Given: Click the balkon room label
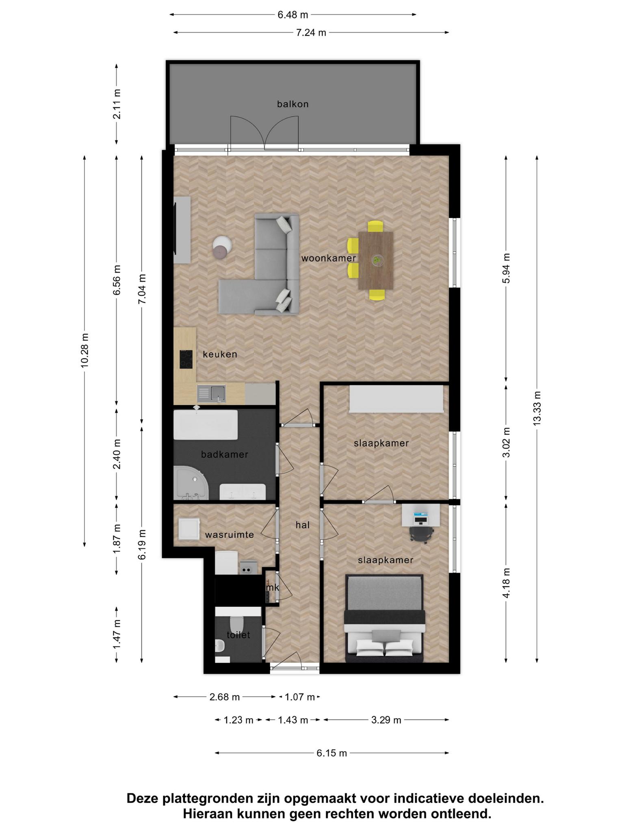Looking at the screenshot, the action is tap(292, 104).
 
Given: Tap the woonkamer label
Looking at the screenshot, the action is tap(328, 258).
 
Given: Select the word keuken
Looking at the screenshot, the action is tap(220, 354).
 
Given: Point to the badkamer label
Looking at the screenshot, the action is tap(224, 455).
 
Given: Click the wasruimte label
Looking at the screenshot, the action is tap(229, 535).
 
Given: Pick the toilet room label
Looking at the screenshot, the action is tap(238, 635).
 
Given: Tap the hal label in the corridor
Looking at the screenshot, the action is tap(303, 525).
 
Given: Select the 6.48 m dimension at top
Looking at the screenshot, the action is tap(292, 15).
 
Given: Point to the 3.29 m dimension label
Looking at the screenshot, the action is tap(386, 720).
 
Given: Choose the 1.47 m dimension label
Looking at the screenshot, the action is tap(117, 635).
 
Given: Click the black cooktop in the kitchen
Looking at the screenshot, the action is tap(186, 359).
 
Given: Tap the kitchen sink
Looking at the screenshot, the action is tap(211, 393).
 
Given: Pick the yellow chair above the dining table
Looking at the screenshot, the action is tap(375, 226).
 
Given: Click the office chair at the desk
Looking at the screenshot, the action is tap(420, 534).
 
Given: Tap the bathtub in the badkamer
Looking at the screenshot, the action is tap(206, 425).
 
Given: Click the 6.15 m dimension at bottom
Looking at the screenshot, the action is tap(331, 753).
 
